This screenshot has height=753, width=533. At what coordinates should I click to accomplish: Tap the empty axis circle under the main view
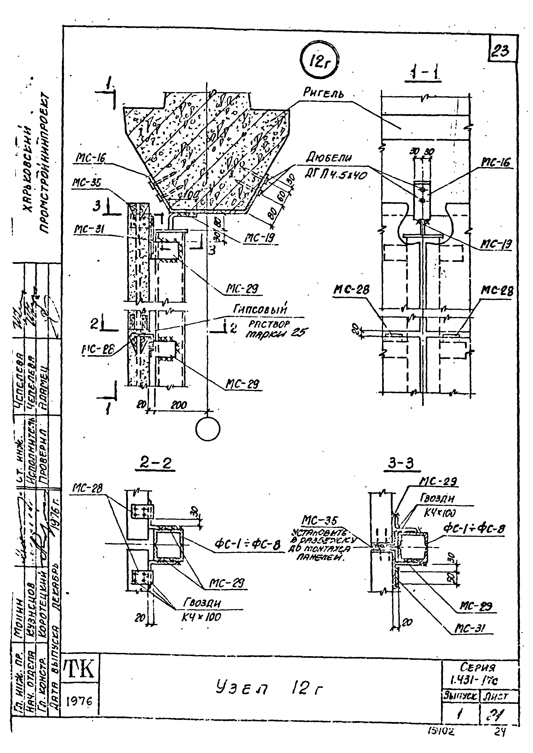[207, 429]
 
